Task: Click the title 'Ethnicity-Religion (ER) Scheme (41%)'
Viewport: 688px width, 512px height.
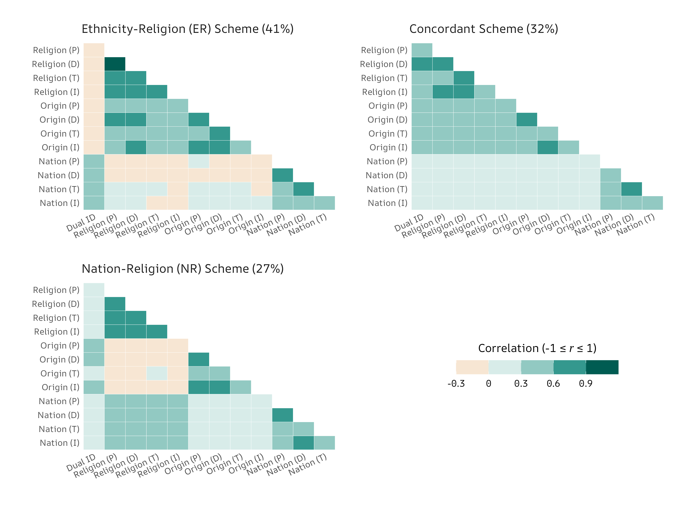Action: click(x=187, y=29)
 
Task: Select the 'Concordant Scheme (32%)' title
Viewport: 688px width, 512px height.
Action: click(x=484, y=29)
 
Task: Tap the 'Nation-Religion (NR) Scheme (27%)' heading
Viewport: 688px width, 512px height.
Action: click(x=182, y=268)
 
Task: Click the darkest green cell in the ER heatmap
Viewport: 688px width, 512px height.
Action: click(x=115, y=64)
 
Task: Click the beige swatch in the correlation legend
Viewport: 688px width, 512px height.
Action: click(x=472, y=367)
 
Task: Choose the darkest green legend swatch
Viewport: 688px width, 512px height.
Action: click(x=602, y=367)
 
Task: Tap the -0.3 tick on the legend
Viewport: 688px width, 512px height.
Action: click(x=456, y=384)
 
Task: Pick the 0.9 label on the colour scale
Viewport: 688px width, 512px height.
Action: click(x=585, y=384)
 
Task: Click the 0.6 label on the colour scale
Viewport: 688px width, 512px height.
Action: click(x=553, y=384)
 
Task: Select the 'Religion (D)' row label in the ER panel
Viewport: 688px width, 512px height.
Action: click(x=56, y=64)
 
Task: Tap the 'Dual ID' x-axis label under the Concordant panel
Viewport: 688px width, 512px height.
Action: click(x=409, y=223)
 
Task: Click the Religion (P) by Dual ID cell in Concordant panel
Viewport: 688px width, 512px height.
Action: click(x=422, y=50)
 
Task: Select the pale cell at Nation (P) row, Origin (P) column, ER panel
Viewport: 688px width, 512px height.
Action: click(x=199, y=161)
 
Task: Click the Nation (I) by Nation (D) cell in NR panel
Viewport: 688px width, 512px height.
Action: click(x=303, y=443)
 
